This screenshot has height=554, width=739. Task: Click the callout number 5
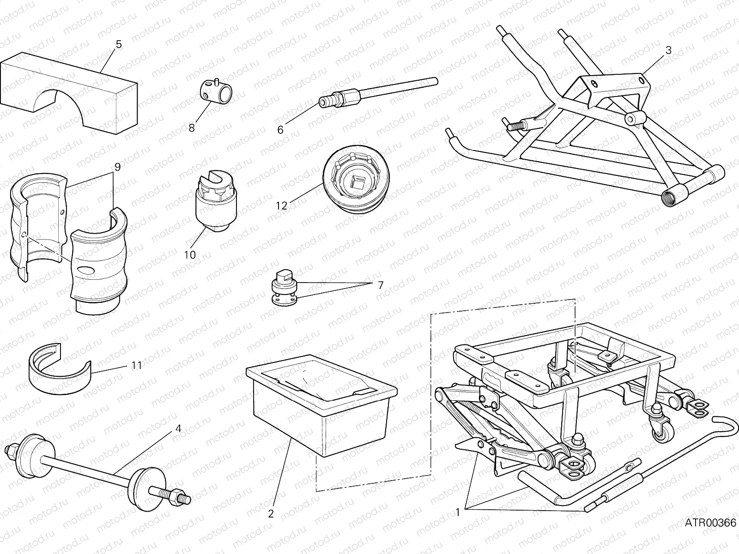click(119, 44)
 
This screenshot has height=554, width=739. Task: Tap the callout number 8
click(192, 128)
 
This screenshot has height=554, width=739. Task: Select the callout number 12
click(282, 206)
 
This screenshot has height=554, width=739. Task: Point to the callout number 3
click(668, 50)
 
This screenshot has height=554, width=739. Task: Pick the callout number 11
click(136, 365)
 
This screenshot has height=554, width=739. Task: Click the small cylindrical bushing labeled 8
click(216, 91)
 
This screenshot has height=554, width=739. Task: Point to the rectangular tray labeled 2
click(323, 406)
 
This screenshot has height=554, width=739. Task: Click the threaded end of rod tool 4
click(178, 496)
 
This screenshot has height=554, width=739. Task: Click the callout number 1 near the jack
click(457, 512)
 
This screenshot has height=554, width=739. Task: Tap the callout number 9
click(117, 167)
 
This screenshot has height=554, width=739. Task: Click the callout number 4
click(178, 428)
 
